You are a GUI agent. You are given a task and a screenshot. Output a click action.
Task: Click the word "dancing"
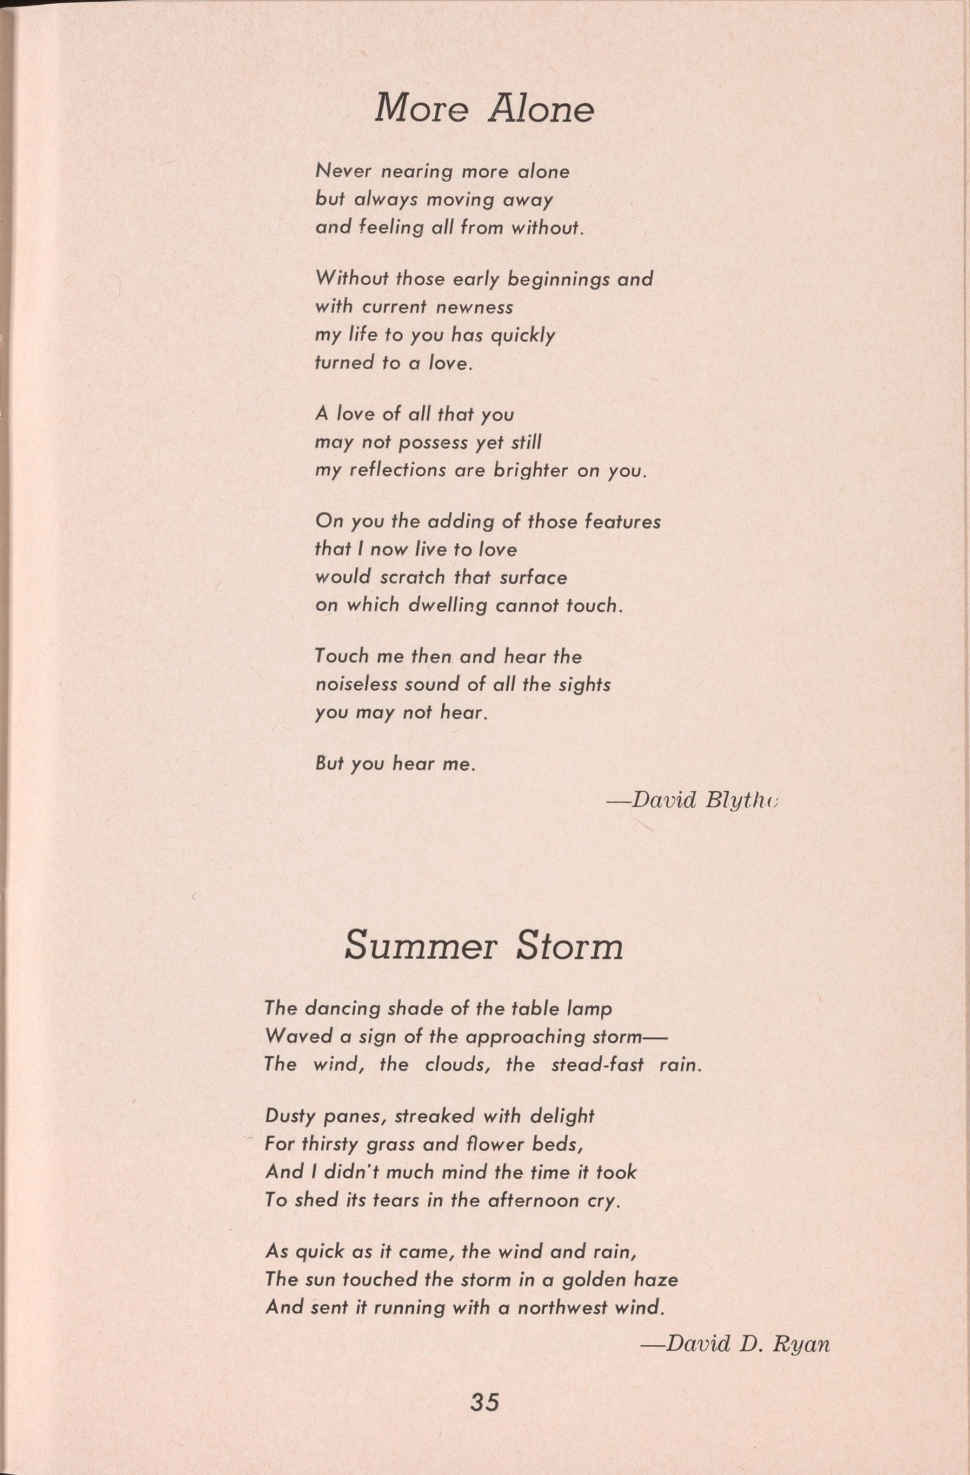(x=343, y=1009)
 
